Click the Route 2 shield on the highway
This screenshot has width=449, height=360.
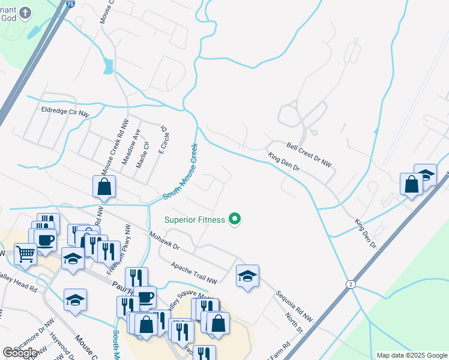tap(349, 283)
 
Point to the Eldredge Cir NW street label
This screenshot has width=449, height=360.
tap(65, 111)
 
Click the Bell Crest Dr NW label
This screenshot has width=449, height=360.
tap(309, 155)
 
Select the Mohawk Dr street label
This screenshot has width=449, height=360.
tap(164, 241)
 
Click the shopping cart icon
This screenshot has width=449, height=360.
tap(25, 254)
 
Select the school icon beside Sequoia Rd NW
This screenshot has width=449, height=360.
tap(247, 277)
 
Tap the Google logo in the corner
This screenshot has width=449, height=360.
tap(20, 353)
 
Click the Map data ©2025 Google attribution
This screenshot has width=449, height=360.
tap(411, 355)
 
